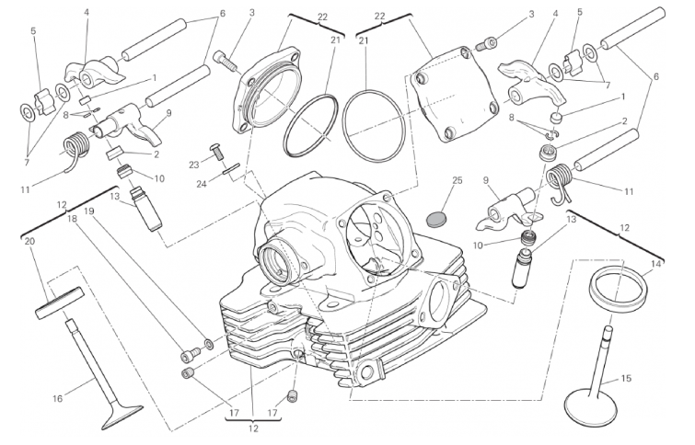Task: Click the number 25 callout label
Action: [457, 180]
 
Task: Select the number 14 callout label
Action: [656, 265]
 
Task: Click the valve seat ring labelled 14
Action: [617, 288]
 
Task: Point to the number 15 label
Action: [626, 379]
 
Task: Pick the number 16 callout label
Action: [58, 398]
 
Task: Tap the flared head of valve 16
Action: [122, 417]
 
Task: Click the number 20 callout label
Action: [29, 241]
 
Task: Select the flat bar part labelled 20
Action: [60, 302]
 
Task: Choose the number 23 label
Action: [194, 165]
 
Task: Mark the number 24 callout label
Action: [202, 183]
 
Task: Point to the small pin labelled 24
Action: [231, 168]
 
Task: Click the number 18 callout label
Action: [73, 218]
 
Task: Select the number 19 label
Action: [89, 211]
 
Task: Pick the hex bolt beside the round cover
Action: [226, 60]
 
